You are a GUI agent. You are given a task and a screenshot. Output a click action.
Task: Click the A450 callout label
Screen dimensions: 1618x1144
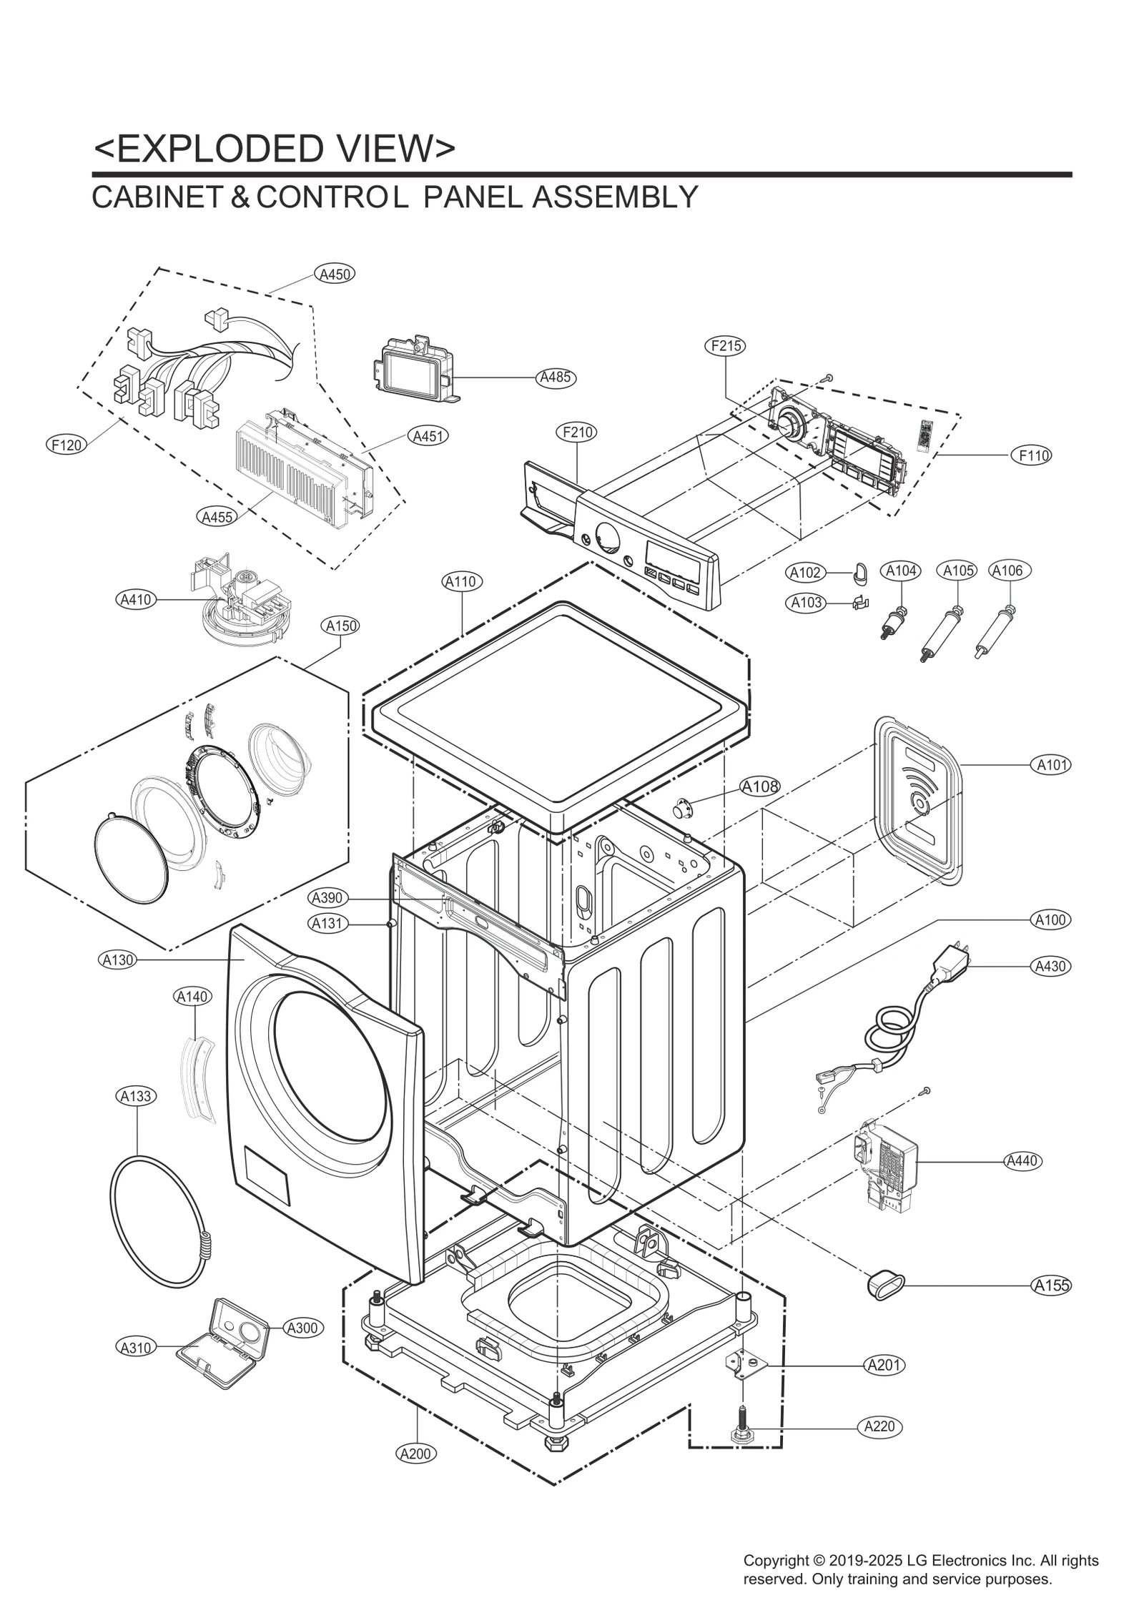[x=334, y=274]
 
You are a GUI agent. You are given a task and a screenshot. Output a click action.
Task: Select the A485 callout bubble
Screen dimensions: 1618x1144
[x=556, y=377]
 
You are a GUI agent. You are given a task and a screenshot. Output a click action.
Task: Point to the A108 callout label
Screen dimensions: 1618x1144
[x=759, y=786]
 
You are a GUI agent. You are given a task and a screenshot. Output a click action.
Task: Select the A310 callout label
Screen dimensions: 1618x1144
[x=135, y=1348]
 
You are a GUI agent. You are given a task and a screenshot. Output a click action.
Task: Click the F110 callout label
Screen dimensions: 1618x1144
[x=1031, y=455]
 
